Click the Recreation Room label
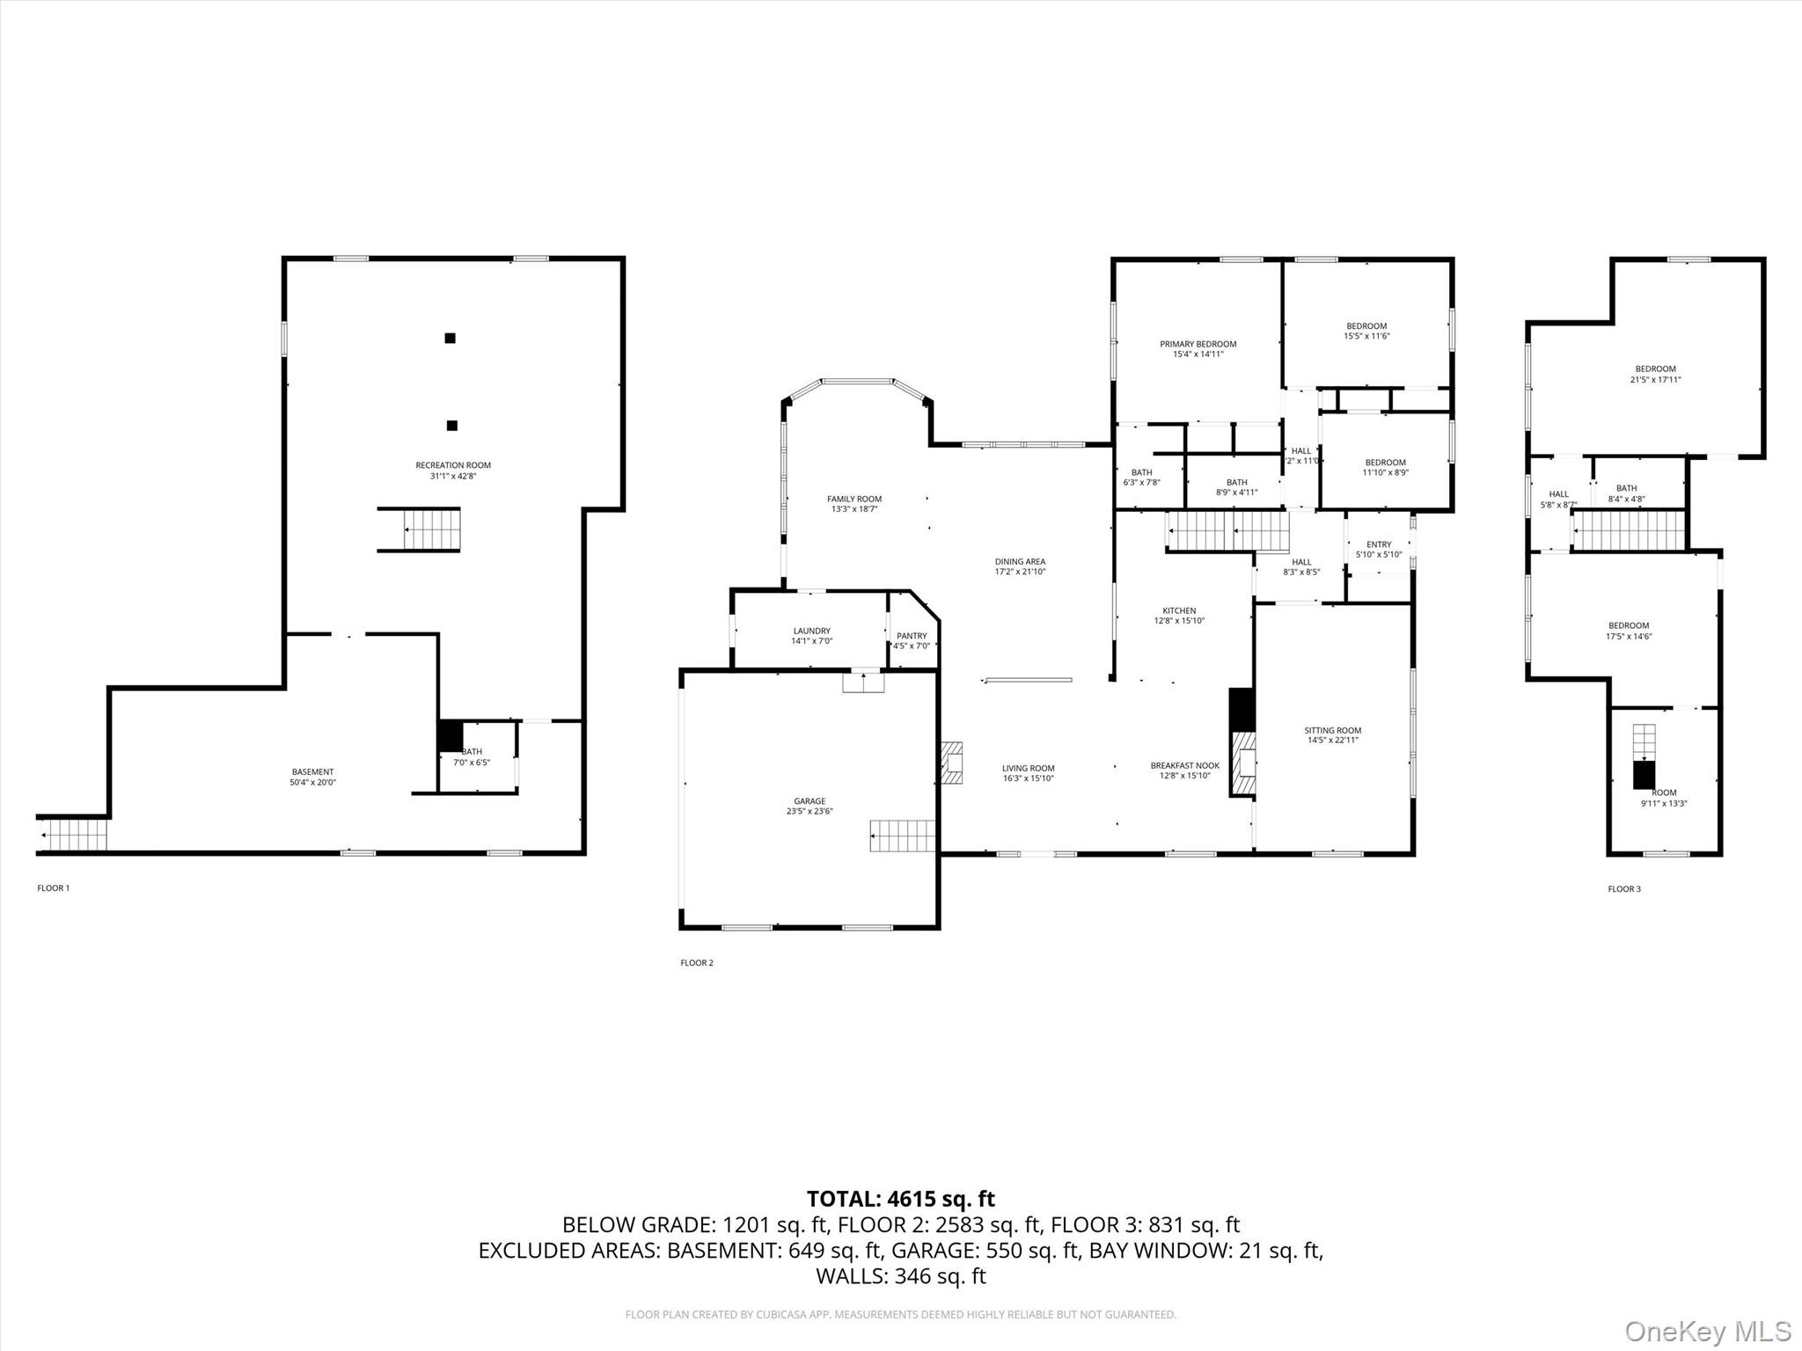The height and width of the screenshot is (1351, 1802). pos(453,465)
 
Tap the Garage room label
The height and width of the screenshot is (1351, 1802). pos(809,801)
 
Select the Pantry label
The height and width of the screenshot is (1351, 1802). pos(912,636)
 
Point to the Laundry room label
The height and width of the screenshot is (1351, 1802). pos(811,631)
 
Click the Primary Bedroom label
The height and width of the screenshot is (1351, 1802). pos(1198,344)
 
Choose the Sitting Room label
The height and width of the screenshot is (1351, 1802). pos(1332,730)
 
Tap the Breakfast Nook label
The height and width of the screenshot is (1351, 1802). pos(1184,765)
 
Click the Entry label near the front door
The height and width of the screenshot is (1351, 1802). pos(1379,544)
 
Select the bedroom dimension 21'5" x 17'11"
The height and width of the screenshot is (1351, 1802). pos(1655,380)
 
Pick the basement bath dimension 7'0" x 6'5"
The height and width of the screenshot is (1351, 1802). pos(472,763)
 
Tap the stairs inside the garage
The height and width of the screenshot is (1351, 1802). pos(903,836)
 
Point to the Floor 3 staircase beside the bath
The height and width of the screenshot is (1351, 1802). pos(1628,530)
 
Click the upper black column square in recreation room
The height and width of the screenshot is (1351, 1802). pos(450,338)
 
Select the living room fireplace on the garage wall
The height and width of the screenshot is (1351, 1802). pos(951,763)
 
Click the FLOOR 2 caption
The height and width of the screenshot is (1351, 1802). pos(697,963)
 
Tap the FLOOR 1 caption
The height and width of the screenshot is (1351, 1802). pos(53,888)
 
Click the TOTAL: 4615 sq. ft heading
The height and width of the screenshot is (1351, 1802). pos(900,1199)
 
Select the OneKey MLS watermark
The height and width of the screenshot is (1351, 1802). pos(1707,1331)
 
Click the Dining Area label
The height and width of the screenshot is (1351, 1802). pos(1020,561)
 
